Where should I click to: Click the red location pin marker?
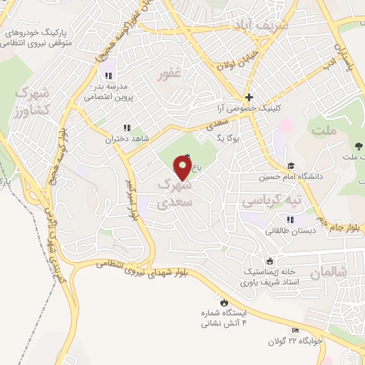click(183, 168)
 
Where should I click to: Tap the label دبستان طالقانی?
click(289, 230)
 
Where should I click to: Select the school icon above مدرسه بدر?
click(108, 75)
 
